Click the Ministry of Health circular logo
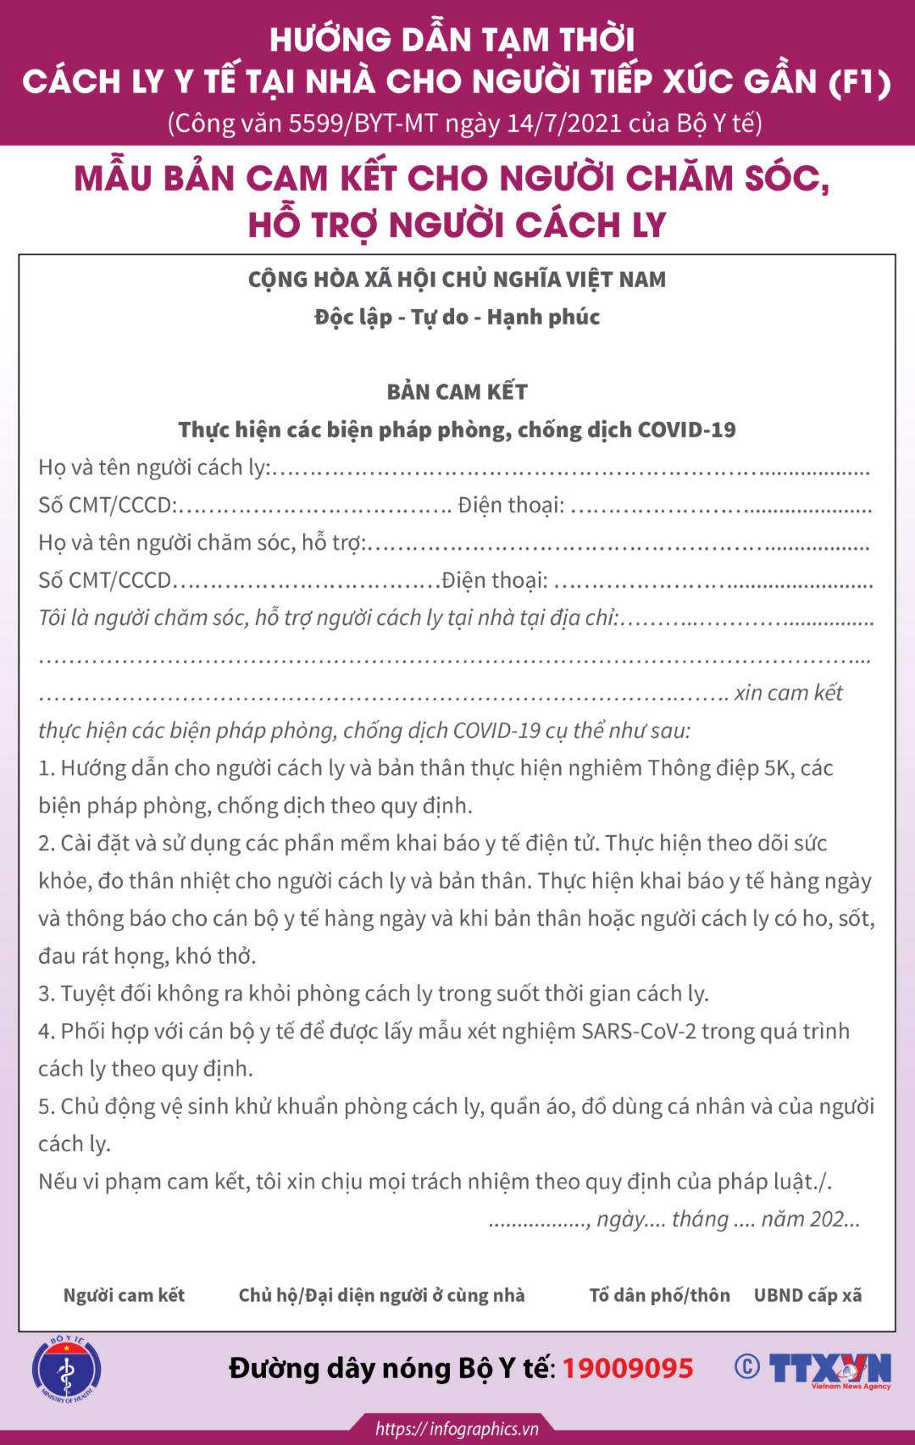(66, 1369)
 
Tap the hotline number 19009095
(628, 1368)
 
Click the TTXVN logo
(829, 1369)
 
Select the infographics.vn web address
(457, 1429)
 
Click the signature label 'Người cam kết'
(124, 1295)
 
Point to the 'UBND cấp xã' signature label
(807, 1295)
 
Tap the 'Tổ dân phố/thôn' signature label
(659, 1295)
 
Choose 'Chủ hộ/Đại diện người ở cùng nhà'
(381, 1295)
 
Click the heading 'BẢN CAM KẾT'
(457, 391)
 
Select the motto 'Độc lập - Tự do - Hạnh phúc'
(457, 318)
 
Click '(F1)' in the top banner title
(858, 82)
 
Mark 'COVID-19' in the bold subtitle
(686, 430)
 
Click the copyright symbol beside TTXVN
(746, 1366)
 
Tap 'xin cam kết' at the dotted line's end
(788, 693)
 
